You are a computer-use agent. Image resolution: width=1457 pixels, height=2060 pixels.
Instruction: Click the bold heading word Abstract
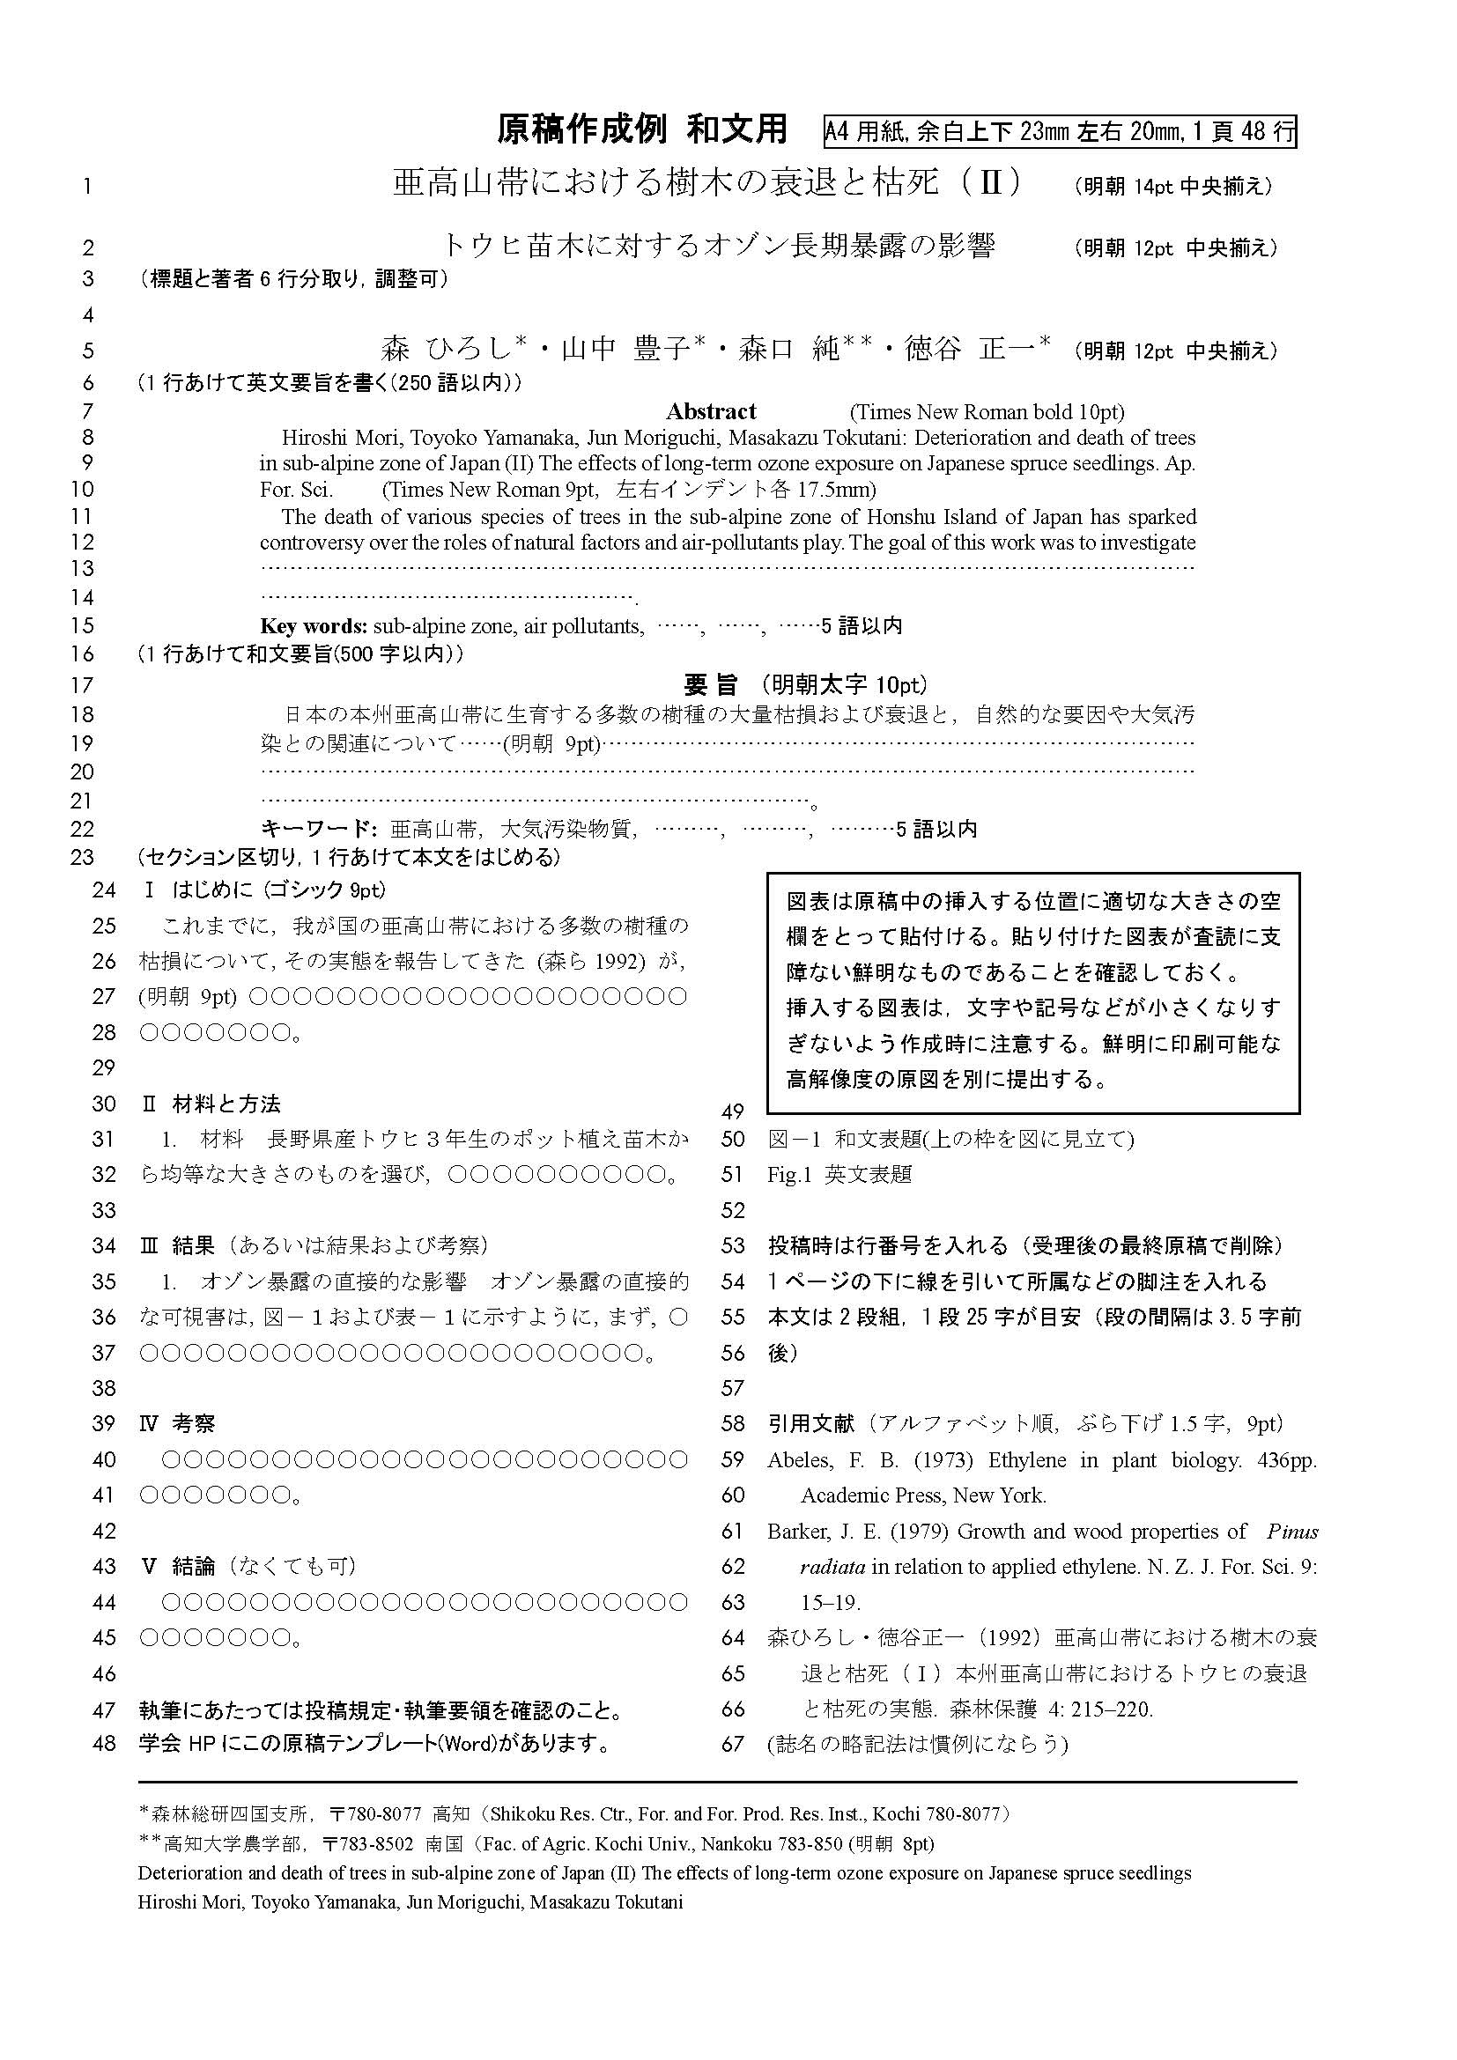(711, 412)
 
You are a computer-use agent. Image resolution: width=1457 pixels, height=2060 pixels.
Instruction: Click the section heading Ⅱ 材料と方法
(211, 1104)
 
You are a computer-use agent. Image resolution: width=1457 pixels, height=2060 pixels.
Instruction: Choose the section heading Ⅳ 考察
(179, 1424)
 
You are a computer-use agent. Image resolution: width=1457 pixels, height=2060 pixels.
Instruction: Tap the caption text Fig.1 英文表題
(839, 1175)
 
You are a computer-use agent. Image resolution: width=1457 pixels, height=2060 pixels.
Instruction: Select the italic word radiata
(832, 1567)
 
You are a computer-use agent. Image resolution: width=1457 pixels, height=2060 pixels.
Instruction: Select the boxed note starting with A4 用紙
(1060, 132)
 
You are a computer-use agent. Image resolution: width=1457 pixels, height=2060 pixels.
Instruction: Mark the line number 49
(733, 1112)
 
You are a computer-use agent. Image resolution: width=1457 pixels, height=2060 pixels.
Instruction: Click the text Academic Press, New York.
(923, 1495)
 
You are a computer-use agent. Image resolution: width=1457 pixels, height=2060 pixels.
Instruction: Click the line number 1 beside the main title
(87, 187)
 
